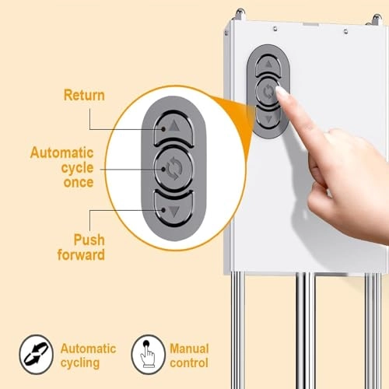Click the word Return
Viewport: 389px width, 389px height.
point(84,95)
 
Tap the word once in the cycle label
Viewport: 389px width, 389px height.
point(79,182)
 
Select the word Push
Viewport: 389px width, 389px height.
point(89,240)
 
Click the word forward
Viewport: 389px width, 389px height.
point(81,254)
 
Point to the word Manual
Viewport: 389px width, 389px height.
point(189,349)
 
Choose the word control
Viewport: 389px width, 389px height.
point(189,363)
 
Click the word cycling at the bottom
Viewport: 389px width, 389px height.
point(80,363)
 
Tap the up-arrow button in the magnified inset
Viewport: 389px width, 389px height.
point(173,128)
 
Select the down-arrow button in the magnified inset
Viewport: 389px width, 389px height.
point(173,209)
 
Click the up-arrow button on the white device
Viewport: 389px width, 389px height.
point(268,65)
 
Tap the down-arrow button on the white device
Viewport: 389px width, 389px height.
point(268,118)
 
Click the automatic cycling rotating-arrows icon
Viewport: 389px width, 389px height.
point(36,354)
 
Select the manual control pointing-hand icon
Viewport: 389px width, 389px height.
point(148,354)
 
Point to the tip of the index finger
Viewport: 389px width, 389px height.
point(279,89)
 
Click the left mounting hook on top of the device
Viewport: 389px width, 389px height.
point(240,14)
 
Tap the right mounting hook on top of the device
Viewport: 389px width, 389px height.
point(375,19)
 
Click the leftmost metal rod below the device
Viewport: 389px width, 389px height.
point(237,331)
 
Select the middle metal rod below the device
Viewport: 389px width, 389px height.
point(306,331)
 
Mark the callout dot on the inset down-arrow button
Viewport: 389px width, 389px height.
point(163,209)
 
